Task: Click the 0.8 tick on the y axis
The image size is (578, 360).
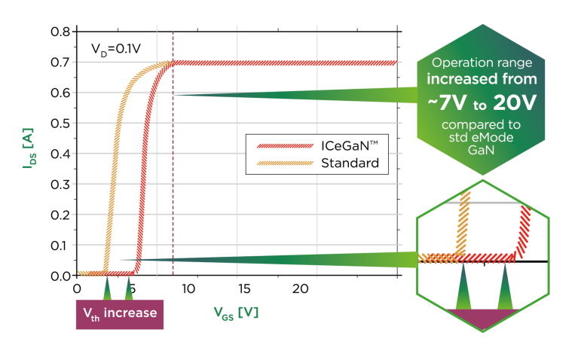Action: click(x=60, y=32)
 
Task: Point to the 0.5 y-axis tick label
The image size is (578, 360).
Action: click(x=60, y=123)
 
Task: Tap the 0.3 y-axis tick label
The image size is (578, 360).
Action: click(x=60, y=184)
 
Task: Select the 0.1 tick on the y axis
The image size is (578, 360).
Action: click(x=60, y=245)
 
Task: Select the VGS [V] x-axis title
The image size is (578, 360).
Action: click(x=237, y=312)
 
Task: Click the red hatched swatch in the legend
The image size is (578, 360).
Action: click(x=280, y=145)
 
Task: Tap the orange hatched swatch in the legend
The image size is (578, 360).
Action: click(x=280, y=162)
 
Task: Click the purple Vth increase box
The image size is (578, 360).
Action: click(x=120, y=313)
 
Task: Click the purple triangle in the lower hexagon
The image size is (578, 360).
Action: click(x=483, y=316)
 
